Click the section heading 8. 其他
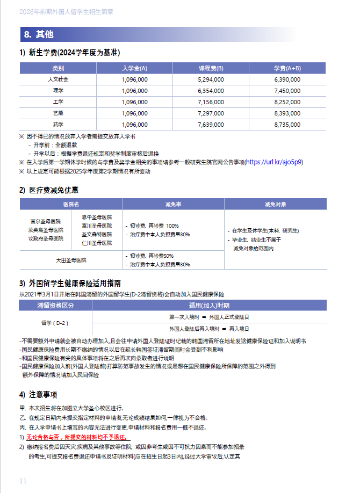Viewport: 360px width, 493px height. (x=39, y=34)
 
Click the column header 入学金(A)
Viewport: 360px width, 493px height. (x=134, y=68)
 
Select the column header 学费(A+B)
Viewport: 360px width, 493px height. (x=287, y=68)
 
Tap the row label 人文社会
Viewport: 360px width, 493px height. (x=58, y=79)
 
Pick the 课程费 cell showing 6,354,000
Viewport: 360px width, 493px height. (x=211, y=90)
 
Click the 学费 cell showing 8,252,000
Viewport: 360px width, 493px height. (x=287, y=102)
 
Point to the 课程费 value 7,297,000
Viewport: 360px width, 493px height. (x=211, y=113)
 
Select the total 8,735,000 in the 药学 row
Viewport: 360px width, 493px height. (x=287, y=124)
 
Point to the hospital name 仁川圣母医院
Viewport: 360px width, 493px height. (x=97, y=243)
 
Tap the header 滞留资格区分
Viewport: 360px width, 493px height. (x=55, y=305)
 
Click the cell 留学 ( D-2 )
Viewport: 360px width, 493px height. (x=55, y=323)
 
